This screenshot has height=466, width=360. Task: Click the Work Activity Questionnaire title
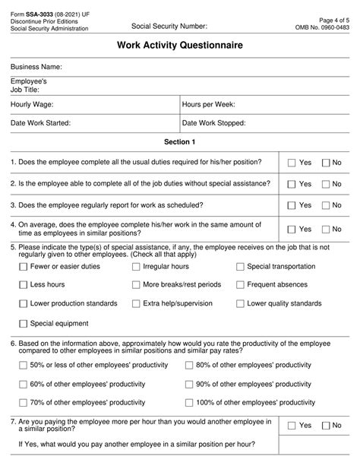pyautogui.click(x=180, y=46)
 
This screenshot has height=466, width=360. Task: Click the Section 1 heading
pyautogui.click(x=180, y=141)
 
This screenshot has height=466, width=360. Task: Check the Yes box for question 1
pyautogui.click(x=292, y=163)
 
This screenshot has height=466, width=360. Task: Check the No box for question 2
pyautogui.click(x=326, y=184)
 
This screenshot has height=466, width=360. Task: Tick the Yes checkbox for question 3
pyautogui.click(x=292, y=205)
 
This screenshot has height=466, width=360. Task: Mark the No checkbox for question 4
pyautogui.click(x=326, y=229)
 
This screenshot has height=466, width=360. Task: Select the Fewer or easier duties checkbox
pyautogui.click(x=22, y=267)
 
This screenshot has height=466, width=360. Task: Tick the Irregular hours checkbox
pyautogui.click(x=136, y=267)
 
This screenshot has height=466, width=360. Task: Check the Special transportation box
pyautogui.click(x=240, y=267)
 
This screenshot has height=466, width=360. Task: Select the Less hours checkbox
pyautogui.click(x=22, y=284)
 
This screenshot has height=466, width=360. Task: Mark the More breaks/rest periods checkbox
pyautogui.click(x=136, y=284)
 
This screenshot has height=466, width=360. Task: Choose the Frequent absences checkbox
pyautogui.click(x=240, y=284)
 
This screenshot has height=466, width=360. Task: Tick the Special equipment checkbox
pyautogui.click(x=22, y=322)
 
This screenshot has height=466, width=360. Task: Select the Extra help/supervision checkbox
pyautogui.click(x=136, y=303)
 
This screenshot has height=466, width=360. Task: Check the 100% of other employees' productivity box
pyautogui.click(x=189, y=402)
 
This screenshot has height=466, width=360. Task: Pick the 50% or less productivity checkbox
pyautogui.click(x=22, y=365)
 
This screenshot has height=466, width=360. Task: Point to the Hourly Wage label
pyautogui.click(x=32, y=104)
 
